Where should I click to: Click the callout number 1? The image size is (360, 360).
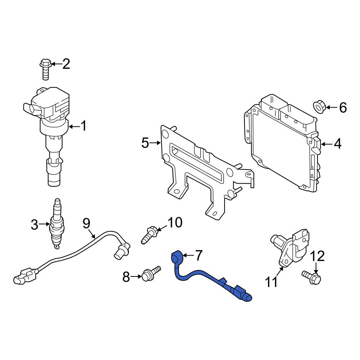coord(83,126)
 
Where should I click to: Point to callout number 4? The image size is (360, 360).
coord(337,144)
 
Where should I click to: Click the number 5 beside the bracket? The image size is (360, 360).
coord(145,143)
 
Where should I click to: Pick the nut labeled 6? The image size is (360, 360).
coord(319,107)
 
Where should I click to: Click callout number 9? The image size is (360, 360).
coord(86,224)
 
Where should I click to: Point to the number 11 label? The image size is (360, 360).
coord(272,282)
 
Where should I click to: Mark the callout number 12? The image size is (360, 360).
coord(317,256)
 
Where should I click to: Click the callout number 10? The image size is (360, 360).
coord(175,223)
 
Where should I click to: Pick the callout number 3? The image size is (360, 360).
coord(34,225)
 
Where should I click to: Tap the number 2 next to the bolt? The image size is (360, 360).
coord(66,64)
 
